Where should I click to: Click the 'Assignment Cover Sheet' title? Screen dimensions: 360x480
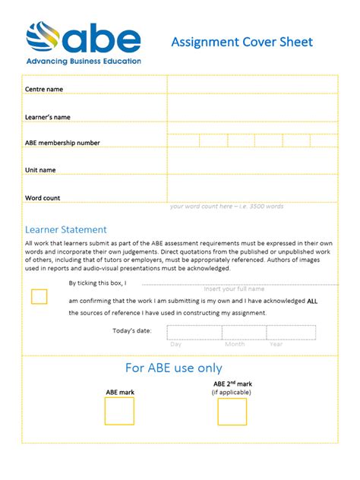(x=242, y=42)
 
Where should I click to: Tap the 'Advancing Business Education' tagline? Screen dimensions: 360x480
(x=84, y=62)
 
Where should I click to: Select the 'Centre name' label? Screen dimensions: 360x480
(x=44, y=90)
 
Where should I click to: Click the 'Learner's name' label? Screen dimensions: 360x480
(x=48, y=117)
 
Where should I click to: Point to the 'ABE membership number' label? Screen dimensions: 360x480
(x=62, y=143)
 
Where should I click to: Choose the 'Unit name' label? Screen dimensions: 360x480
(x=40, y=170)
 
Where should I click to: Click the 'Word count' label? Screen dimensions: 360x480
(x=43, y=197)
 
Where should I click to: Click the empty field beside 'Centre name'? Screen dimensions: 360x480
(x=252, y=85)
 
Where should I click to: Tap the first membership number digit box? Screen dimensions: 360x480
(x=183, y=141)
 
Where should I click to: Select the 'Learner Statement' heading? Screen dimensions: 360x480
(x=66, y=229)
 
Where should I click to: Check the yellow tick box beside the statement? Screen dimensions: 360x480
(x=39, y=297)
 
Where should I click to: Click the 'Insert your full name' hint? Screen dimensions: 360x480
(x=234, y=289)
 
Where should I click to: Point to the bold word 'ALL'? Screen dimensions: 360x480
(x=312, y=300)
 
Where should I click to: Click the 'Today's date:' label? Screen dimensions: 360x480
(x=132, y=331)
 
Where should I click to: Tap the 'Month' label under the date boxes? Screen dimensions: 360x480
(x=235, y=344)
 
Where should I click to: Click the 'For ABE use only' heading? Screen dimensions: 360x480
(x=174, y=368)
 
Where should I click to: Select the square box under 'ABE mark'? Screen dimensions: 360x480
(x=119, y=411)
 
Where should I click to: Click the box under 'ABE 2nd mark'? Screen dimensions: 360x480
(x=232, y=412)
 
